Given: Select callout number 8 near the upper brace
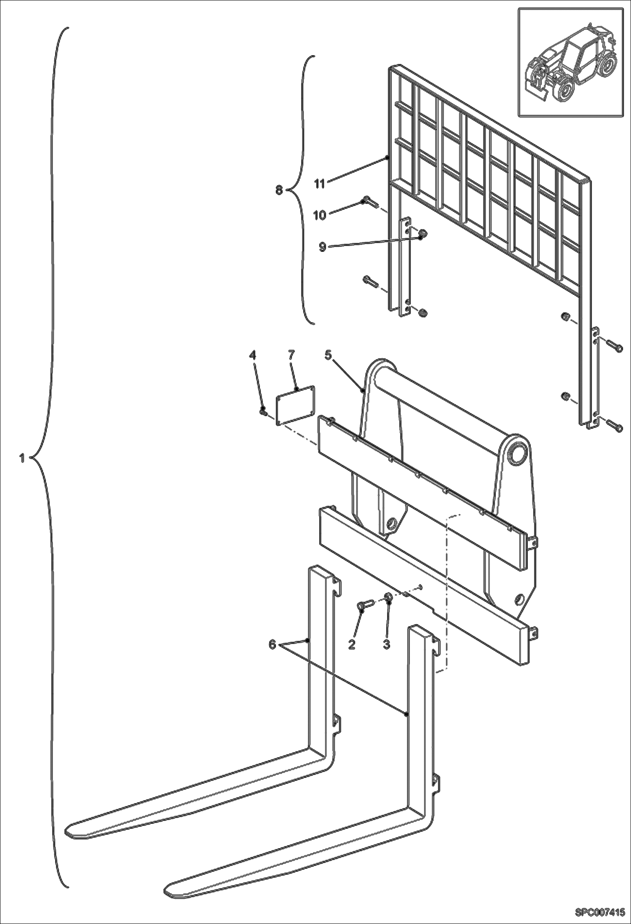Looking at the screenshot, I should tap(279, 190).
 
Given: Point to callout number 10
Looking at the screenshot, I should tap(320, 215).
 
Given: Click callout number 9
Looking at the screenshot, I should tap(322, 247).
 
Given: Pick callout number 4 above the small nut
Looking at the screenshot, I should tap(252, 355).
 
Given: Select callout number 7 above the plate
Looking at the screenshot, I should tap(291, 355).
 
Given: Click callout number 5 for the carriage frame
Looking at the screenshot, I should tap(328, 355).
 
